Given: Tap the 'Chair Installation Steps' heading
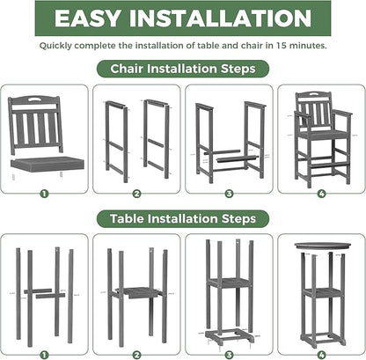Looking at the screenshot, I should [182, 68].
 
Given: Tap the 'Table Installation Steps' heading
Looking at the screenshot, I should [182, 217].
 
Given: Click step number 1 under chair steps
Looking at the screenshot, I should [44, 194].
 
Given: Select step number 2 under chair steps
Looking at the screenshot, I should [136, 194].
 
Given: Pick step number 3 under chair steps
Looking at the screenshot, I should [229, 194].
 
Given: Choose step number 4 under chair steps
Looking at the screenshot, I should [321, 194].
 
